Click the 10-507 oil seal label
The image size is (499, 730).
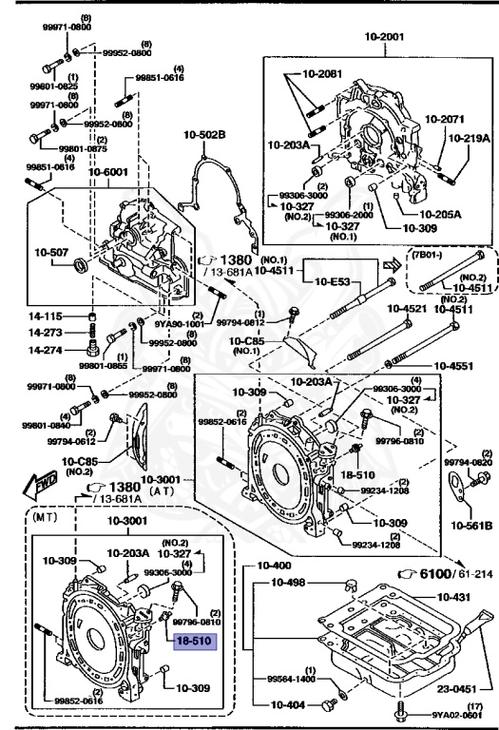coord(53,253)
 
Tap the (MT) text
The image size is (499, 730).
coord(46,520)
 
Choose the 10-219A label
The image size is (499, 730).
coord(470,137)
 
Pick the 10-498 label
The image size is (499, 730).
coord(291,583)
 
